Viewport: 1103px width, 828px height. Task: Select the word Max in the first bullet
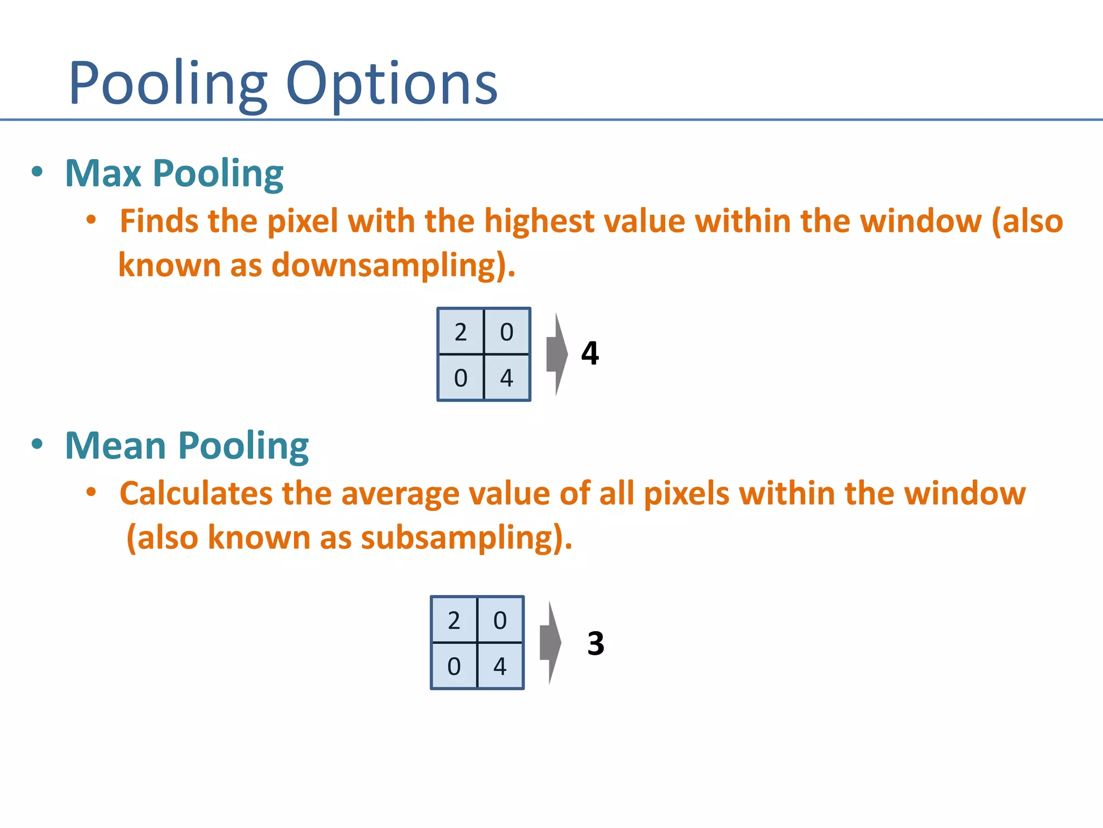tap(103, 174)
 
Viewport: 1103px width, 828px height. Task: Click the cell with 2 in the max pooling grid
tap(461, 332)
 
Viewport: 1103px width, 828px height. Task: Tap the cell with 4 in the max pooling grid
tap(507, 377)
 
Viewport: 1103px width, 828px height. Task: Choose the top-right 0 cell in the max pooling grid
tap(507, 332)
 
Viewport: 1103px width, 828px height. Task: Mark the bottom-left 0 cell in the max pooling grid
tap(461, 377)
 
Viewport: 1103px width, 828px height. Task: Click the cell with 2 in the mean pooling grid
tap(454, 620)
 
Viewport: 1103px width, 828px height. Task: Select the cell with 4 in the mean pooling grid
tap(500, 666)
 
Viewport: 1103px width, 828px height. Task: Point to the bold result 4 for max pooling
tap(590, 354)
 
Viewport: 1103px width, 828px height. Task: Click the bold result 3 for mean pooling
tap(596, 644)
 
